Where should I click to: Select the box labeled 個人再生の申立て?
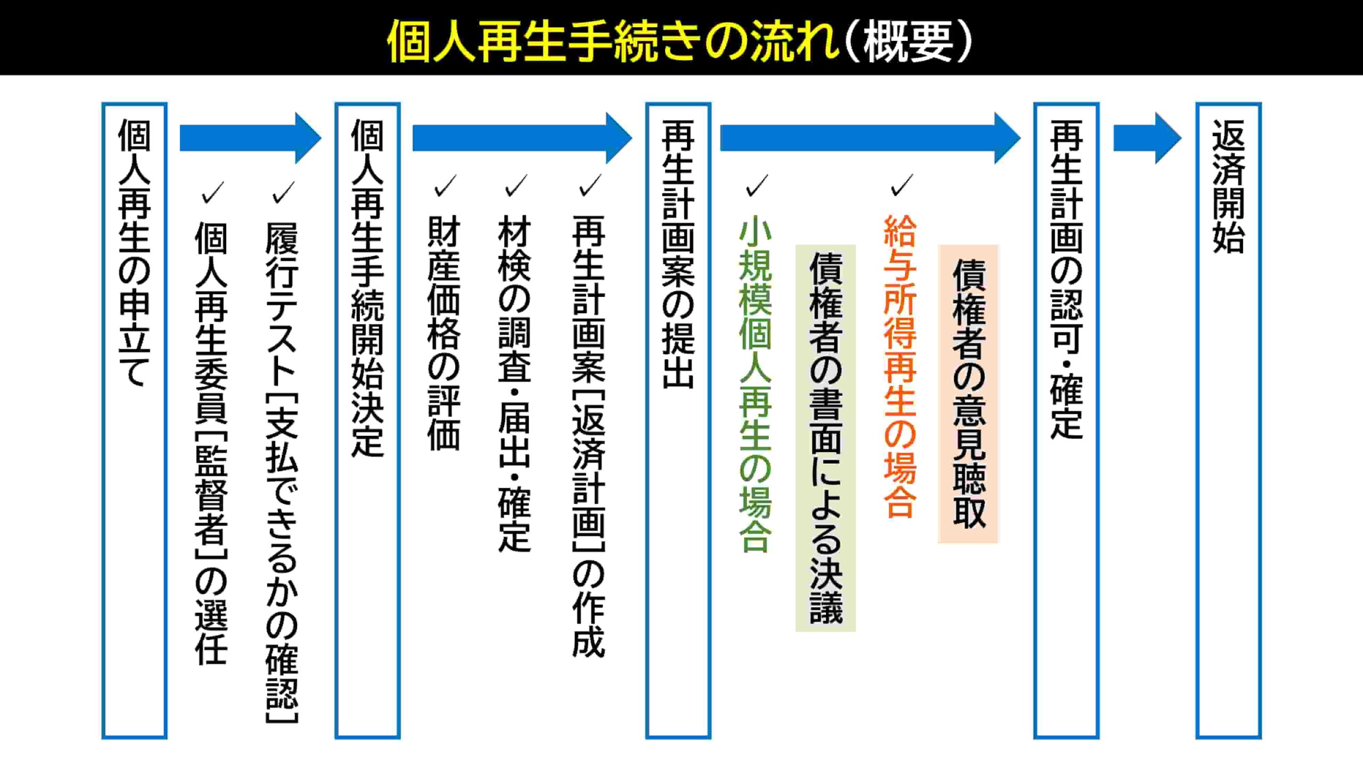tap(134, 420)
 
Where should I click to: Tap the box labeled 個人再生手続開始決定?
tap(367, 420)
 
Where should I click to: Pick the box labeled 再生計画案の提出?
tap(678, 420)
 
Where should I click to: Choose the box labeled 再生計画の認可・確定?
tap(1066, 420)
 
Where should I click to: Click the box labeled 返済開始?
tap(1228, 420)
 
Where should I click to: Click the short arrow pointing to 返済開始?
tap(1147, 138)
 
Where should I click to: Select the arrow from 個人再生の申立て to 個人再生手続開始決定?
tap(250, 138)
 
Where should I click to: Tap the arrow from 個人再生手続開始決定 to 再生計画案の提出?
tap(522, 138)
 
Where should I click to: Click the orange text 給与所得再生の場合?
tap(900, 367)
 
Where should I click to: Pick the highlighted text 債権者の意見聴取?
tap(968, 394)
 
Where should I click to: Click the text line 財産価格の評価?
tap(444, 333)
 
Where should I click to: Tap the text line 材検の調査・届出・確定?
tap(514, 383)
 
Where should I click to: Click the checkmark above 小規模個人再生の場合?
tap(757, 185)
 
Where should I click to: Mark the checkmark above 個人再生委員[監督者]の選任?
tap(212, 192)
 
